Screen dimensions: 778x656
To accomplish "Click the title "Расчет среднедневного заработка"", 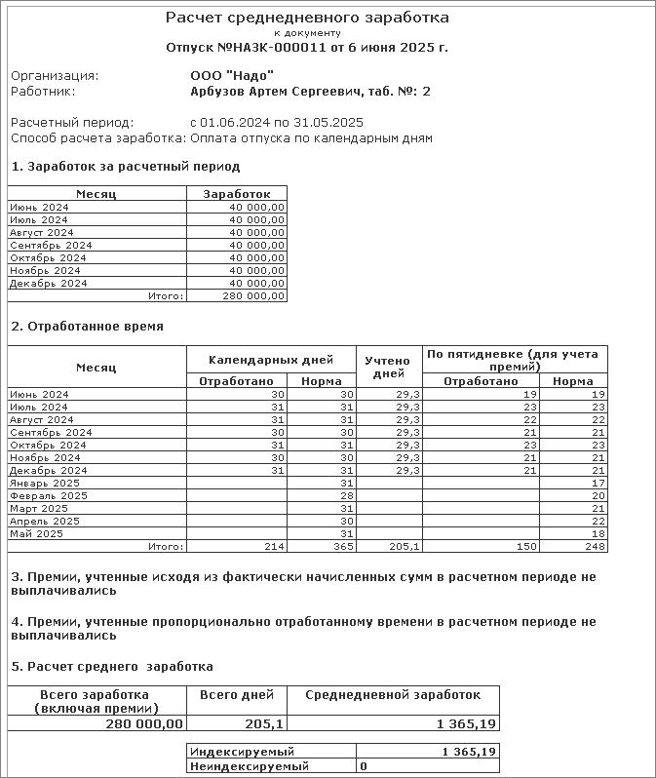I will (307, 19).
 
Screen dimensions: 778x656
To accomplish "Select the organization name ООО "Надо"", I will (232, 75).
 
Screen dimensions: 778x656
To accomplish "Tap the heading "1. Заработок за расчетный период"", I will (125, 167).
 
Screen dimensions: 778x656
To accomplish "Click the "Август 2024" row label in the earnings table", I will (41, 232).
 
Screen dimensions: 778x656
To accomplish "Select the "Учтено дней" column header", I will (388, 367).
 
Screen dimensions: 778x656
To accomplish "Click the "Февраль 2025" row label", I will (49, 495).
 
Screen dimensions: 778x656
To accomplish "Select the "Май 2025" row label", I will (38, 533).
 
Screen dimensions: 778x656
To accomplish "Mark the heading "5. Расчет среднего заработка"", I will (111, 667).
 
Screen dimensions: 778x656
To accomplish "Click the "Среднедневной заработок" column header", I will (393, 695).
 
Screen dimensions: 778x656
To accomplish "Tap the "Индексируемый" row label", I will (242, 753).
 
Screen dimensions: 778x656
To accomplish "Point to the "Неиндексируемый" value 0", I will (364, 767).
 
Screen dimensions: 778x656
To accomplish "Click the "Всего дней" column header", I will (237, 695).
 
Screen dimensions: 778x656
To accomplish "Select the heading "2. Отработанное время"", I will (87, 327).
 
